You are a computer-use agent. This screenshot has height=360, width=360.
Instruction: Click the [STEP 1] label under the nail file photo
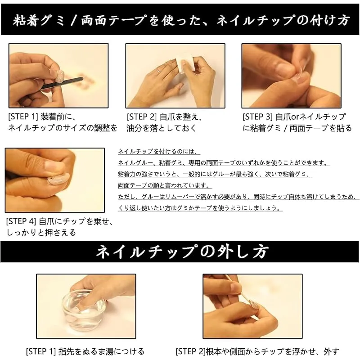coord(22,117)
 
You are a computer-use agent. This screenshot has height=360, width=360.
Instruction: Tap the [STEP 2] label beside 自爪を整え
coord(141,117)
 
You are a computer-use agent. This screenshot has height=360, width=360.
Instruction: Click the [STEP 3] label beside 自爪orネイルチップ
coord(257,117)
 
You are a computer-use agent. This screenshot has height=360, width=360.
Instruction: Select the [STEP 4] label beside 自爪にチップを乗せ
coord(21,221)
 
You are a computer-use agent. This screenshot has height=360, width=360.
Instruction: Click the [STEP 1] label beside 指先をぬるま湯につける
coord(41,351)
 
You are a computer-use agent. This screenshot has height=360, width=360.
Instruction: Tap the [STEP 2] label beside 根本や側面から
coord(190,351)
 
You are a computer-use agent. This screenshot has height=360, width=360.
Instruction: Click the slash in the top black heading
coord(73,20)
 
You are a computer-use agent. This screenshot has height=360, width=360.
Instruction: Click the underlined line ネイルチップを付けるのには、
coord(158,152)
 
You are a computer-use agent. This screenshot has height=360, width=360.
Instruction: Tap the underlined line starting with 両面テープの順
coord(165,185)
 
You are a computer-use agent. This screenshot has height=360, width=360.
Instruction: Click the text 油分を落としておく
coord(162,128)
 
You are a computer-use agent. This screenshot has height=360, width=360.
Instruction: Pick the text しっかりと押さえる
coord(41,233)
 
